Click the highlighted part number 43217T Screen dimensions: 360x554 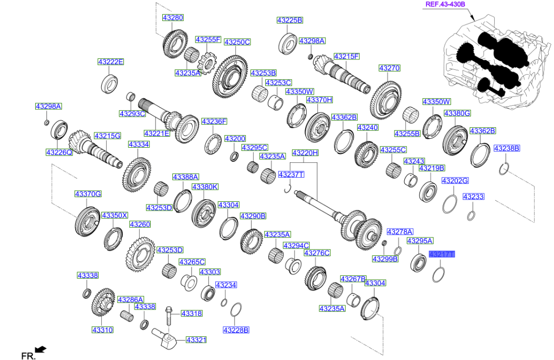[442, 254]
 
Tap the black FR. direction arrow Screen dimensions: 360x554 [40, 349]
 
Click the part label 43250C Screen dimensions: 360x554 [237, 42]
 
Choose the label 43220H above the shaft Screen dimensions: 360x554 [305, 153]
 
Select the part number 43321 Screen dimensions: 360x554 [196, 340]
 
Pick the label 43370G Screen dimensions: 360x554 [88, 194]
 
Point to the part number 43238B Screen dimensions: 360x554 [507, 149]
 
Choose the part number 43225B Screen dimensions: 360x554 [290, 20]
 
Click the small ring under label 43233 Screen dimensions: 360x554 [472, 215]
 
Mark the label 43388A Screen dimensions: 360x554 [186, 177]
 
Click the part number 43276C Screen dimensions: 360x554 [317, 253]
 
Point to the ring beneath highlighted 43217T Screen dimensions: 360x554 [439, 274]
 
